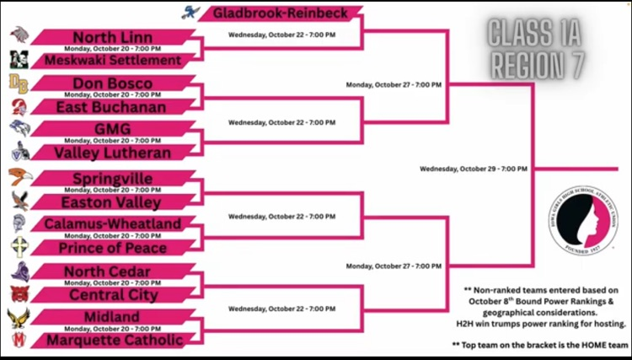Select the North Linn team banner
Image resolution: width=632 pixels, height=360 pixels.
pos(112,37)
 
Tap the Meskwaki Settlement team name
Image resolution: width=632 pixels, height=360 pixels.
pos(112,60)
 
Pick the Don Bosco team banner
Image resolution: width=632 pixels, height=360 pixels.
pos(112,83)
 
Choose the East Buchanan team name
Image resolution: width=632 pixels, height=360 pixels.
pos(112,107)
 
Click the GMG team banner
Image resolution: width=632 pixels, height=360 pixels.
pos(112,130)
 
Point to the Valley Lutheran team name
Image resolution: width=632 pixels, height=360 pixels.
pos(112,153)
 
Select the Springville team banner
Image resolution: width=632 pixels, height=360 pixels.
pos(112,179)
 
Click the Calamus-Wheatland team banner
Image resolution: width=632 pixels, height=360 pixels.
pos(112,223)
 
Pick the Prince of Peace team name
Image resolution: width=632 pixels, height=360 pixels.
pos(112,248)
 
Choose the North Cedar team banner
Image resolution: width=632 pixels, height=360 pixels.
pos(112,271)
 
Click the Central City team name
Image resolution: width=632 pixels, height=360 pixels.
pos(112,295)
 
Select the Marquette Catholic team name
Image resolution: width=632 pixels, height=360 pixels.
pos(112,340)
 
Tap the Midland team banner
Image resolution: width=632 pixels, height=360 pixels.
pos(112,316)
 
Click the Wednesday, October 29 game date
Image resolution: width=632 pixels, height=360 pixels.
pos(473,169)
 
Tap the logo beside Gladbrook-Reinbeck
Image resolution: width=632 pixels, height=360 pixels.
pos(190,13)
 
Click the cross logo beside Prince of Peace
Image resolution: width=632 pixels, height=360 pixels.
pos(19,247)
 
